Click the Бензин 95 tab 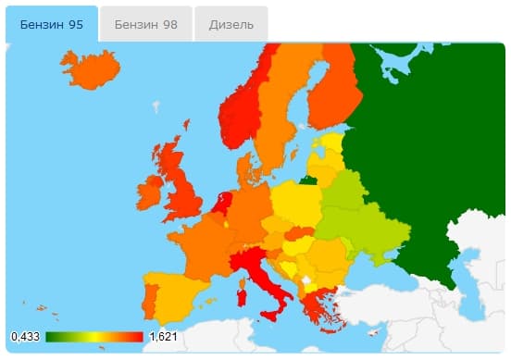[x=51, y=24]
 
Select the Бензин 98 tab [x=145, y=24]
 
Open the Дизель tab [x=231, y=24]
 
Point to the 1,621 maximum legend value [x=163, y=336]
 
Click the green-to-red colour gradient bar [x=93, y=336]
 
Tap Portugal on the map [x=148, y=301]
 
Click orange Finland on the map [x=333, y=93]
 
